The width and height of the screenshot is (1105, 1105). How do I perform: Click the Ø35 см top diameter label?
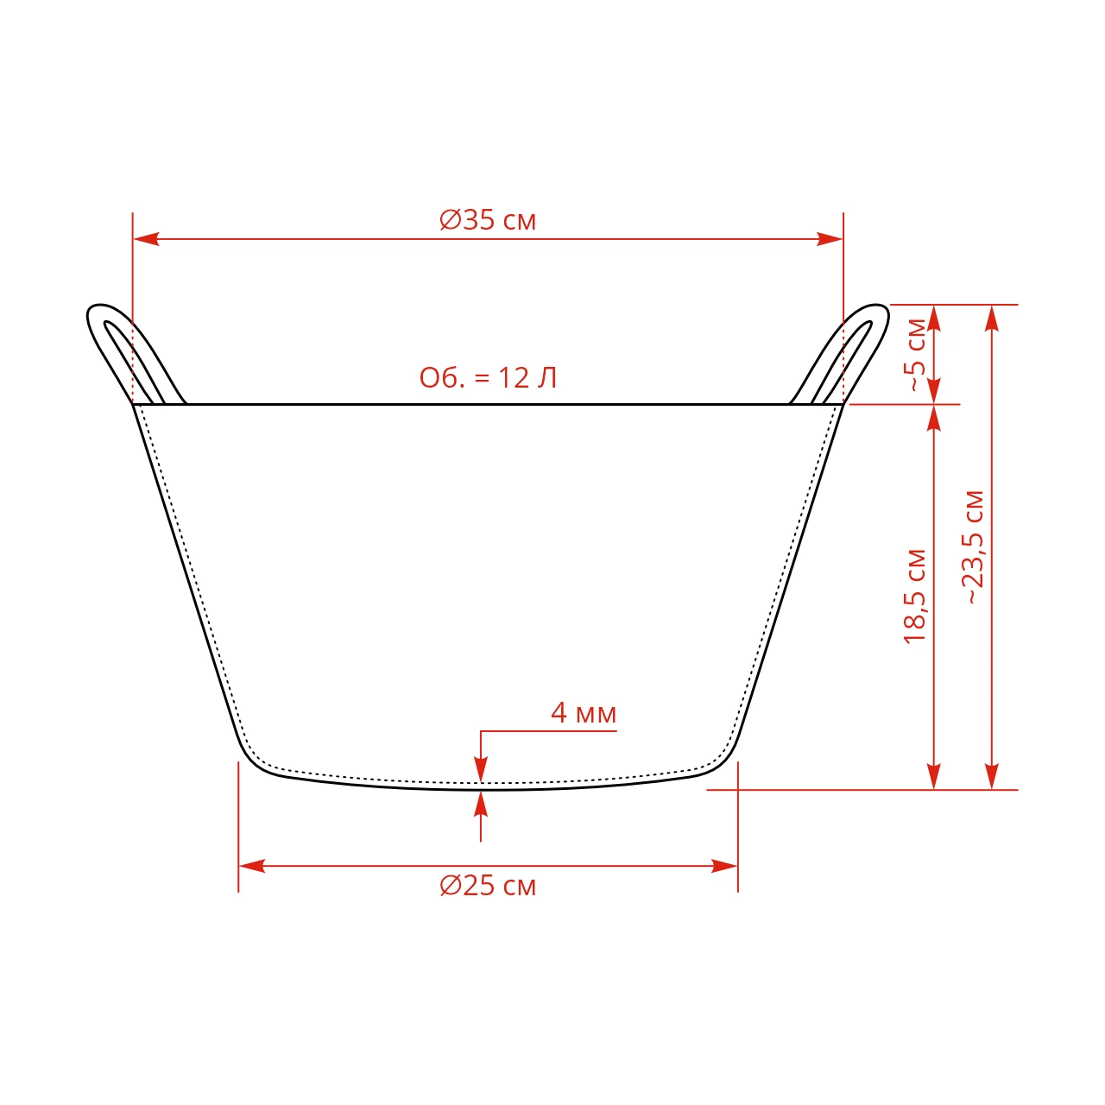coord(488,220)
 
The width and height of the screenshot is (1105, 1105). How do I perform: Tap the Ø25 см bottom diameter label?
coord(488,886)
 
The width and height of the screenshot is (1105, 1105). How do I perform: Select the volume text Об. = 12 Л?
coord(488,378)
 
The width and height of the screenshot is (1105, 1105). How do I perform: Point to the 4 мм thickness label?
coord(584,713)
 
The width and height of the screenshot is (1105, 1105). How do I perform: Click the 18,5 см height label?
coord(915,597)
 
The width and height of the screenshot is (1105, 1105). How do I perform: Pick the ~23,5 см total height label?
coord(974,547)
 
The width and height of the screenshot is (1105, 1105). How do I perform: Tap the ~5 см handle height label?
coord(915,355)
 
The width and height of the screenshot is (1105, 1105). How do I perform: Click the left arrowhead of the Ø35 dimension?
coord(146,239)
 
